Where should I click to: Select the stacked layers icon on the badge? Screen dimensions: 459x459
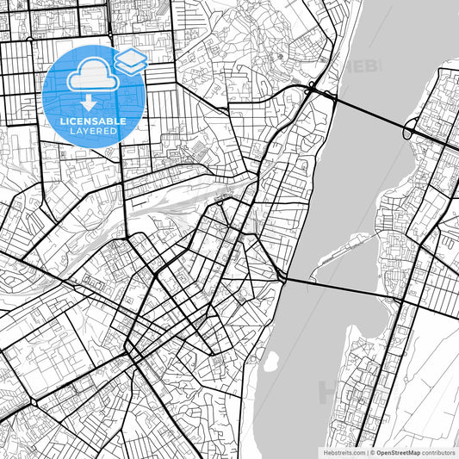coord(130,60)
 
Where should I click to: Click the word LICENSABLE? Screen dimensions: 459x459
coord(95,121)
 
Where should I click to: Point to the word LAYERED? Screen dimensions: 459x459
coord(95,131)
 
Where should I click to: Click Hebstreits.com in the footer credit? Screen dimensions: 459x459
coord(344,451)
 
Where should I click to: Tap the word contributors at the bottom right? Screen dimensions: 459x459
coord(440,451)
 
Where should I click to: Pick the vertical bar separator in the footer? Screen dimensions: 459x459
coord(368,451)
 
